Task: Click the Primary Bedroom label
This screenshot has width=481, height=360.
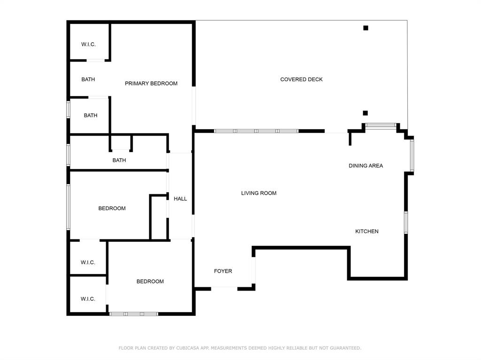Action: [151, 84]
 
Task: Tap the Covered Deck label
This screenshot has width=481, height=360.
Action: [301, 79]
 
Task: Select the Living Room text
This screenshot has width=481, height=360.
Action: [259, 193]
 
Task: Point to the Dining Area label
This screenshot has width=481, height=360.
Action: [365, 166]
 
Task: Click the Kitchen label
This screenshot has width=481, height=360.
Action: [366, 231]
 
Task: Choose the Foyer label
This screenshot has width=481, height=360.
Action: [223, 271]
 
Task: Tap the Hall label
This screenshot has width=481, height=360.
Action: [180, 199]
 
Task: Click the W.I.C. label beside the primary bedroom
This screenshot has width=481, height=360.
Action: [88, 45]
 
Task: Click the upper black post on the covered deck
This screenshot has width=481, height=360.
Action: [365, 28]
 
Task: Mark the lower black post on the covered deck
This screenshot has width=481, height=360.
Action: [365, 113]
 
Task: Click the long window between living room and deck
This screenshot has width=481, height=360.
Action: [256, 131]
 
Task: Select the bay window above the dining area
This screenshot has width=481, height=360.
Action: [380, 125]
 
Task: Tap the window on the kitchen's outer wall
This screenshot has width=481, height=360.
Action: [406, 222]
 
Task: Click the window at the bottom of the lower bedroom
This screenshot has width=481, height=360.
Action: [134, 314]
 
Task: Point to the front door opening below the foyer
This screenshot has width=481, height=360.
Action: [224, 289]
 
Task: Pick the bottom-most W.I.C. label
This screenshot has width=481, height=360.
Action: [88, 299]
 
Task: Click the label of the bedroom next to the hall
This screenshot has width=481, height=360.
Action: [112, 208]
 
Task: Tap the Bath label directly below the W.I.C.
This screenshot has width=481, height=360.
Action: [88, 79]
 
